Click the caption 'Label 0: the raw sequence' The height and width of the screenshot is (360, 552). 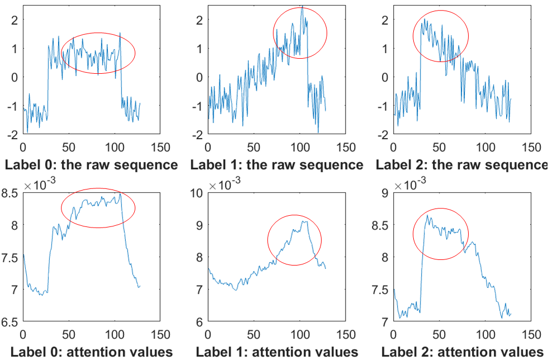click(91, 165)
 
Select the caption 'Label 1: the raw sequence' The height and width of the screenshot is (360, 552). click(276, 165)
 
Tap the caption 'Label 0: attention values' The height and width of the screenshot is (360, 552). click(91, 351)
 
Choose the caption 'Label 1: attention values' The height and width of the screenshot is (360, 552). click(276, 351)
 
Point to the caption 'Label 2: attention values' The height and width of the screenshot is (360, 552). click(462, 351)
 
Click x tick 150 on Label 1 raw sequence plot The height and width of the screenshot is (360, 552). click(347, 147)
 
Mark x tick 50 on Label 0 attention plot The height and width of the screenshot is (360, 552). click(69, 334)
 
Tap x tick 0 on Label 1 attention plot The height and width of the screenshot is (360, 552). click(208, 334)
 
